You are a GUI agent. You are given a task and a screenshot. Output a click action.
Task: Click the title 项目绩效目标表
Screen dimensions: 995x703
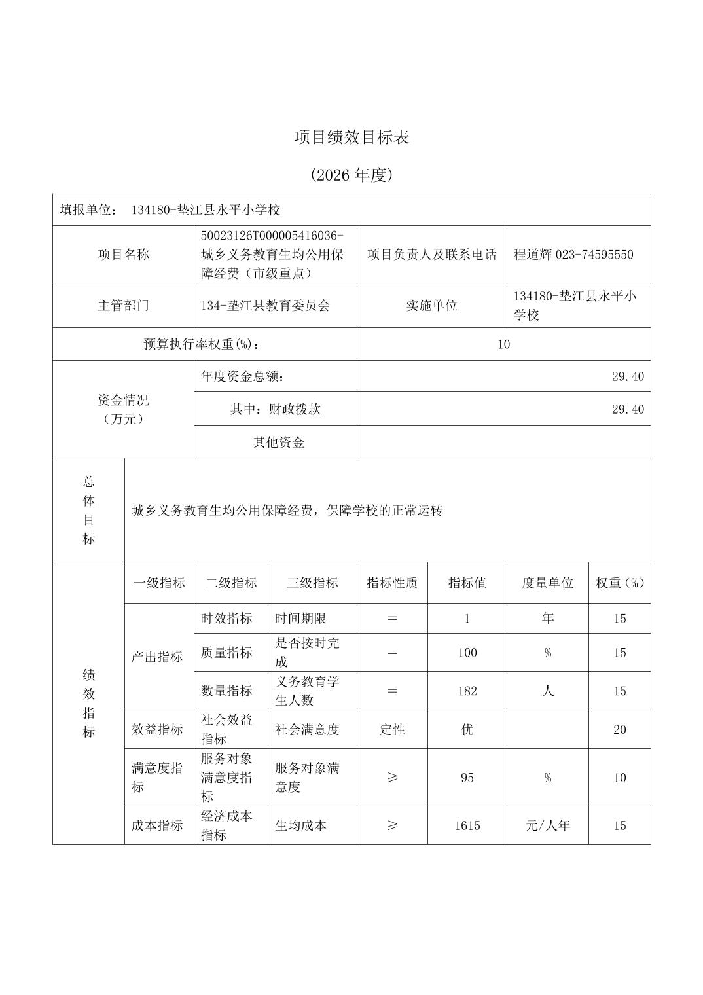(351, 137)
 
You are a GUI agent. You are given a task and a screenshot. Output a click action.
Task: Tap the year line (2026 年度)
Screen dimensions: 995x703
(351, 175)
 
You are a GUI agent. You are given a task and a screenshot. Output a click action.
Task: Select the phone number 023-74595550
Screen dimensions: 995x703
(594, 255)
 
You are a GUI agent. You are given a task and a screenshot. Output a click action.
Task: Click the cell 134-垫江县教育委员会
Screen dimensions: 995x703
(266, 306)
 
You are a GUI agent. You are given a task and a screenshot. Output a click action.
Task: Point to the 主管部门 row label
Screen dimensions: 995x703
(123, 306)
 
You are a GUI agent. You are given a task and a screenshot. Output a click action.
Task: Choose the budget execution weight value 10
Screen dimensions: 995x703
(503, 344)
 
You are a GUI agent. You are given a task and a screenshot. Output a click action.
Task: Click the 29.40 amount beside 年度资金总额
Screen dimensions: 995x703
(628, 376)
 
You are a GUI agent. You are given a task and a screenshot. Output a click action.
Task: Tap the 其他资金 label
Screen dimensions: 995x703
(279, 443)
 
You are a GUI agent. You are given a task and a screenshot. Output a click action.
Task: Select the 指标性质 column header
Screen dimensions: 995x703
(392, 583)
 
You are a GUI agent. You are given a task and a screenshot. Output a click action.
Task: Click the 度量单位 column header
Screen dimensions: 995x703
(547, 583)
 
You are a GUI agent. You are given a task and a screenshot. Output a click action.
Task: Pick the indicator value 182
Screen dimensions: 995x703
(467, 691)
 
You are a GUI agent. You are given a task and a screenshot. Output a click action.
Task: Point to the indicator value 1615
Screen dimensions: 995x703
(467, 826)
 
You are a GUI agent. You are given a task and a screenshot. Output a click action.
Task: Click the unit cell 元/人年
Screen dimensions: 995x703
(548, 826)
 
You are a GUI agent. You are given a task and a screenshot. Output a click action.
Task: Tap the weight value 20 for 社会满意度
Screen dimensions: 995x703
(620, 730)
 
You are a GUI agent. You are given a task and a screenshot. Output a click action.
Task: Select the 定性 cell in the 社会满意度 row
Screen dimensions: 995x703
(392, 730)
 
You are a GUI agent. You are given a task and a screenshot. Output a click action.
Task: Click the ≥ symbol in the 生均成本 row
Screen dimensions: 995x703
(392, 826)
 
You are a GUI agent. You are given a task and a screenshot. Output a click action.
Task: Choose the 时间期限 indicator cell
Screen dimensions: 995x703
(300, 619)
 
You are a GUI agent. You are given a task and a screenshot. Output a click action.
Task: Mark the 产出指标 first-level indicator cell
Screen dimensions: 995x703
(157, 657)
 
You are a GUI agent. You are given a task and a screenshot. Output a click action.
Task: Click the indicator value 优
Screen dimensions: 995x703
(467, 730)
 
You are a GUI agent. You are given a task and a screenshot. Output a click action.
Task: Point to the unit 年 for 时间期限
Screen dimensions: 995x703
(548, 619)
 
